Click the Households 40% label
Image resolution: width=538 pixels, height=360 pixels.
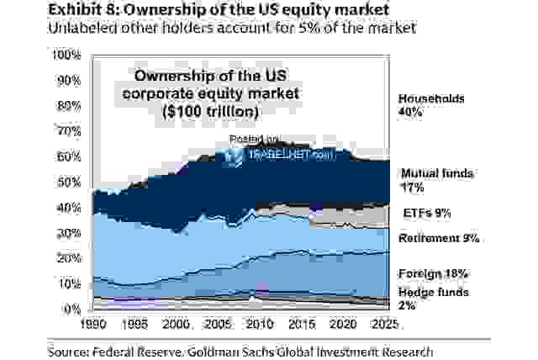[x=430, y=105]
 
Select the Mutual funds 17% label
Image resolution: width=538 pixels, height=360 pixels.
[x=436, y=180]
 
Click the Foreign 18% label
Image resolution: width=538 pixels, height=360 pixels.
[x=433, y=274]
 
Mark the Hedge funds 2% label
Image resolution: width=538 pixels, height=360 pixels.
[x=431, y=299]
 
